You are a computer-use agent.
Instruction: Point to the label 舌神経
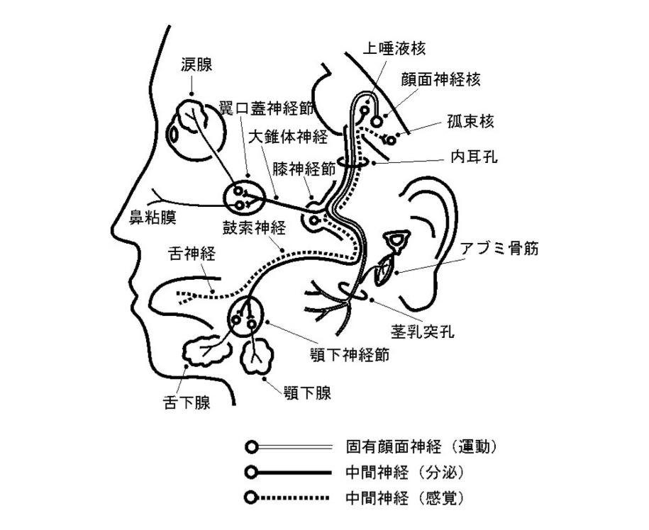pos(192,253)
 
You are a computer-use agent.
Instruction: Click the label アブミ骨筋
pos(500,248)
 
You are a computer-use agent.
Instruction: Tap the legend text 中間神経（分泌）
pos(405,472)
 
